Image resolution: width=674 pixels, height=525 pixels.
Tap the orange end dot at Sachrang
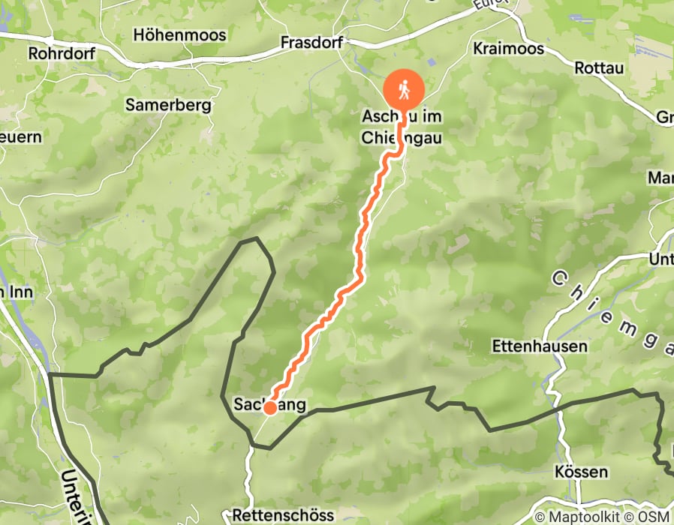tap(269, 407)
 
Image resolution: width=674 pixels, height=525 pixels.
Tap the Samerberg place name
tap(168, 105)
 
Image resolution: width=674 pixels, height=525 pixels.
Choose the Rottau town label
tap(599, 67)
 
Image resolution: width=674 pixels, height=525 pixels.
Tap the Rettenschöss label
tap(283, 515)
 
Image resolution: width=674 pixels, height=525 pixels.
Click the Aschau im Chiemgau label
tap(401, 127)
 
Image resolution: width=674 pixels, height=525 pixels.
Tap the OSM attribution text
tap(654, 517)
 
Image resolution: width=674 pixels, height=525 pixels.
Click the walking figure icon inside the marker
tap(404, 90)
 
